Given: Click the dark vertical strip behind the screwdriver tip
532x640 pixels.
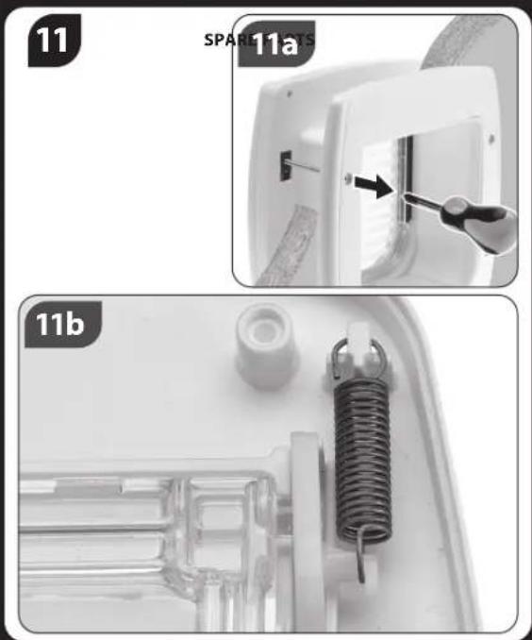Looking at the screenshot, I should [404, 179].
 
